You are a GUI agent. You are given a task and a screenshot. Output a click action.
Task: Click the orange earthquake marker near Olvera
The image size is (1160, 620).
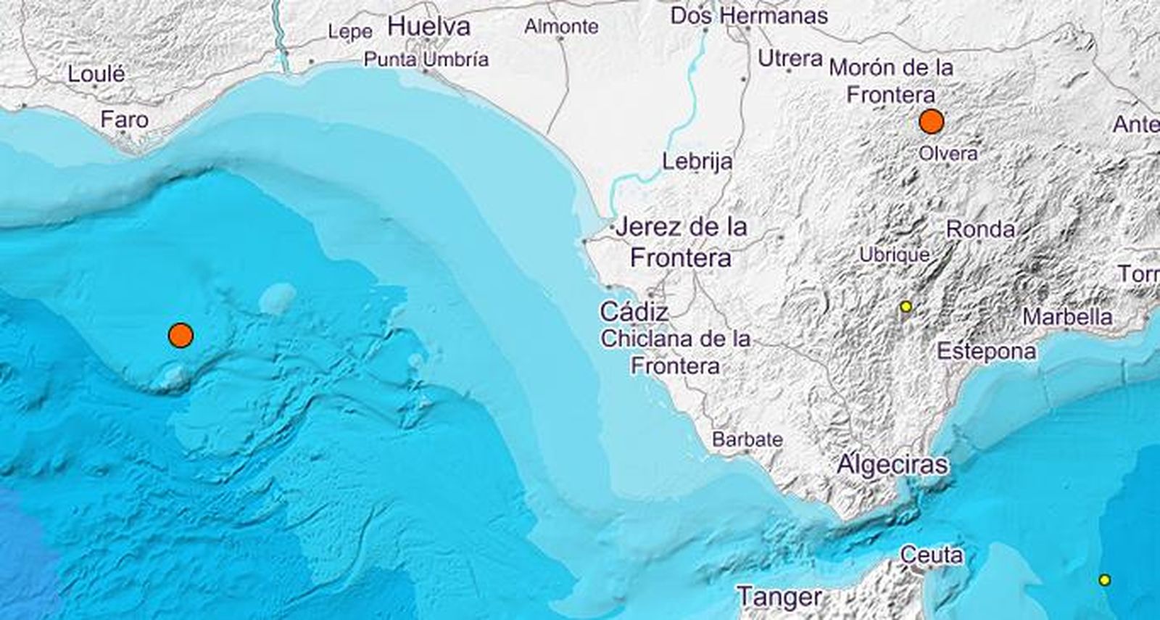931,122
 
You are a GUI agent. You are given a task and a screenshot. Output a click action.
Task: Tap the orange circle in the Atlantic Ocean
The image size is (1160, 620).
180,335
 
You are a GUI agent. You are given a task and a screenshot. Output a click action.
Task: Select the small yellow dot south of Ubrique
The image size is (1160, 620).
906,307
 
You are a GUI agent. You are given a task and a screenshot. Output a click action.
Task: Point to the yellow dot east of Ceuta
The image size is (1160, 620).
1104,579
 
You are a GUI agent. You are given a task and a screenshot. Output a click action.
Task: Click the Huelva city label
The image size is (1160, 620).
429,28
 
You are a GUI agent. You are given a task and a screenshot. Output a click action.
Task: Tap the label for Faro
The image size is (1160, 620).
125,120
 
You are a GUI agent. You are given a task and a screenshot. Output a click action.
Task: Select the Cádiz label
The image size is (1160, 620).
634,313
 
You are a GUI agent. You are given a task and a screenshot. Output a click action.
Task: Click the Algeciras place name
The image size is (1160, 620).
892,464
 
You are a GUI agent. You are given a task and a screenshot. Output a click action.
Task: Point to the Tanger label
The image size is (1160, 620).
780,598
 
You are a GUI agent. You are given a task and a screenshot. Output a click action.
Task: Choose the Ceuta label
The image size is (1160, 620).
932,555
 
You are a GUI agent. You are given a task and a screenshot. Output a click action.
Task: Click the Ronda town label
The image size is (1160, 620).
980,230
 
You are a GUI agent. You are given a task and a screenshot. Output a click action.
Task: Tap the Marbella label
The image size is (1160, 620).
1067,317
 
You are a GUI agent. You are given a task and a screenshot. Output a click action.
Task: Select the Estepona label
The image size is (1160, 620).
987,352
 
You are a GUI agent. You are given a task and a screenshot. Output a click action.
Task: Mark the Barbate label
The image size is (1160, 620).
747,439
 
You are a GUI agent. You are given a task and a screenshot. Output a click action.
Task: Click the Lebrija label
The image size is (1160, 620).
697,161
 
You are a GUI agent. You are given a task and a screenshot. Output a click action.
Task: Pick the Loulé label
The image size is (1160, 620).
96,74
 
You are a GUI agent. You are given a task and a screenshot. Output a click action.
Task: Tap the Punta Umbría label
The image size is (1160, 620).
426,59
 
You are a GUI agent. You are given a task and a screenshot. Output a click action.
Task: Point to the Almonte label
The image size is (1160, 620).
562,27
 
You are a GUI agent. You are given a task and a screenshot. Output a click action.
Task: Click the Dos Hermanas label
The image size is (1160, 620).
749,15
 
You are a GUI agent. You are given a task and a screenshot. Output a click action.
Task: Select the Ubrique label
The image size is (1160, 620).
894,255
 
